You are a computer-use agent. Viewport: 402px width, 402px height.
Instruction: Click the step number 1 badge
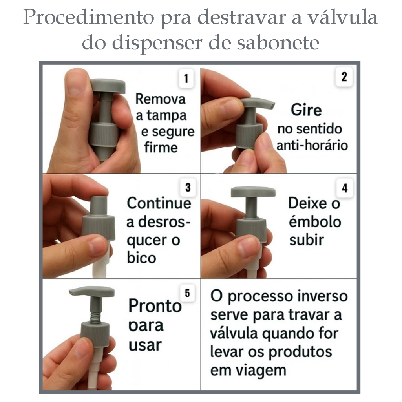[186, 78]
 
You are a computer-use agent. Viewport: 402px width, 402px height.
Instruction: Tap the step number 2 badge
[344, 77]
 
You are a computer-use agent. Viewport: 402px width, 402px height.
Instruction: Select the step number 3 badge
[188, 187]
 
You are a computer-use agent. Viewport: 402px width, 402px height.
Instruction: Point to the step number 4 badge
[345, 188]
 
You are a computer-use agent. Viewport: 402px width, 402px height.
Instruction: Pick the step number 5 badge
[187, 293]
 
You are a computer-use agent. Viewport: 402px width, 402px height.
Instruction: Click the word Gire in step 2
[306, 110]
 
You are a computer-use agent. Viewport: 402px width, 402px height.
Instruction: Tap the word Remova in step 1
[160, 99]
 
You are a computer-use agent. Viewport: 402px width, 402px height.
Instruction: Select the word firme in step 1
[161, 148]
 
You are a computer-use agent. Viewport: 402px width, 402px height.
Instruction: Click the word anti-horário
[312, 145]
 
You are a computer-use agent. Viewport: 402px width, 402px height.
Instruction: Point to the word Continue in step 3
[159, 203]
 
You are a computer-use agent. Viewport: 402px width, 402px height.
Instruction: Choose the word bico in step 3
[141, 258]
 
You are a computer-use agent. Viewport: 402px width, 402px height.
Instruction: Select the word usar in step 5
[145, 345]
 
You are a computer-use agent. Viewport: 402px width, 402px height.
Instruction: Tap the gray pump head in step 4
[253, 192]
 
